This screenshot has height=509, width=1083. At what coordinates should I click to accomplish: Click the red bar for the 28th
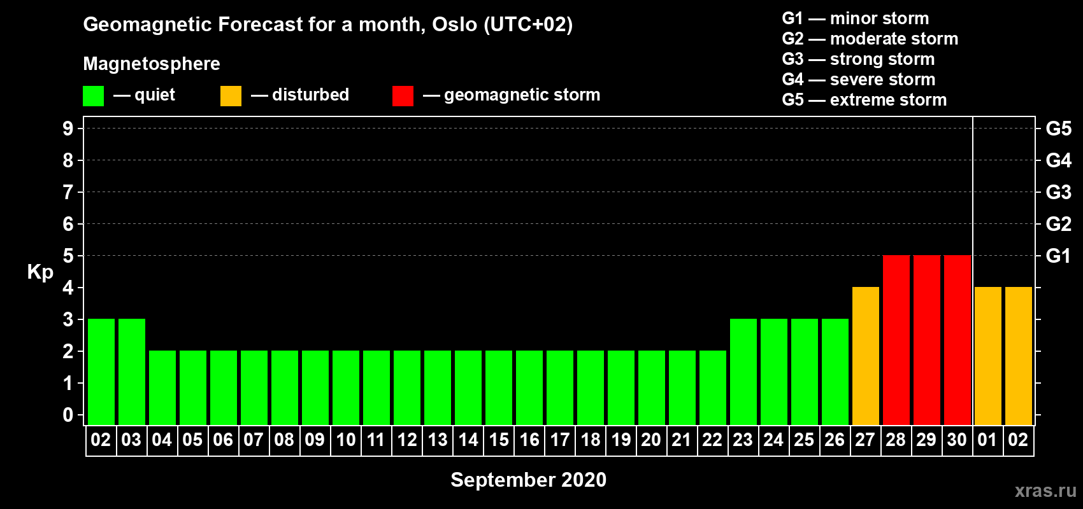(x=896, y=340)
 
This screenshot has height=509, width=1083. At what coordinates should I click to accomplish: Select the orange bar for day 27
(x=865, y=356)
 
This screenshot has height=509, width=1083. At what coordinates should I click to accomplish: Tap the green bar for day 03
(x=131, y=372)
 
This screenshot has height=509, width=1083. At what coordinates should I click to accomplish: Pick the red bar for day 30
(x=957, y=340)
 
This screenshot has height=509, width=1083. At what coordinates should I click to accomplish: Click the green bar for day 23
(x=743, y=372)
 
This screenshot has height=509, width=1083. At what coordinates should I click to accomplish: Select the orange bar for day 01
(x=987, y=356)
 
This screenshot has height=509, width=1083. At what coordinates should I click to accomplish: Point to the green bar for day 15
(x=498, y=387)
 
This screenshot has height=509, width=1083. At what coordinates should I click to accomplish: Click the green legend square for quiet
(x=93, y=95)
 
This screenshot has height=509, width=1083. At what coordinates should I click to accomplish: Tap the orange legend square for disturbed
(x=231, y=95)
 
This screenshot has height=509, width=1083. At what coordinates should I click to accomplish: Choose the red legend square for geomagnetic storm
(x=403, y=95)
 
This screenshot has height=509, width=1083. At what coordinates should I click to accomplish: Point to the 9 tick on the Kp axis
(x=68, y=129)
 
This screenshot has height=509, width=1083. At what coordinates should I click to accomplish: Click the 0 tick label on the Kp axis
(x=68, y=415)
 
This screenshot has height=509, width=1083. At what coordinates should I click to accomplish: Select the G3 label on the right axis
(x=1058, y=192)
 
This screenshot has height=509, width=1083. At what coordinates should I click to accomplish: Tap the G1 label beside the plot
(x=1058, y=256)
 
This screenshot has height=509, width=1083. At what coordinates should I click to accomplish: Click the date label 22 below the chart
(x=712, y=440)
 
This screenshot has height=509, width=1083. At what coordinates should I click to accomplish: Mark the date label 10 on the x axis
(x=346, y=440)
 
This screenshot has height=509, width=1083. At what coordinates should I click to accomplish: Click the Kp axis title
(x=40, y=272)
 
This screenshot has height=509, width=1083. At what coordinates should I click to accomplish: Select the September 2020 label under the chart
(x=529, y=480)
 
